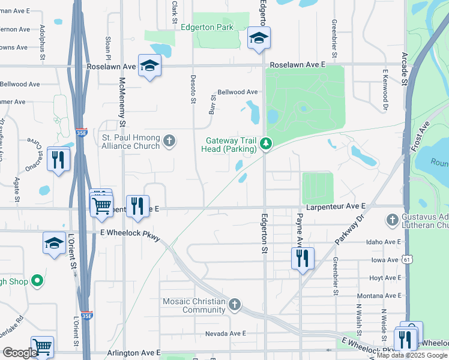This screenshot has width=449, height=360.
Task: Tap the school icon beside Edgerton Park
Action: click(x=259, y=39)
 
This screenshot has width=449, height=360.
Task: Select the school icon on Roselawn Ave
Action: click(x=149, y=66)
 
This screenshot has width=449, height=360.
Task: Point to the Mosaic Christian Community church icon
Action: click(x=234, y=305)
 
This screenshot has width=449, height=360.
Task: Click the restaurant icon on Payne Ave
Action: click(x=303, y=258)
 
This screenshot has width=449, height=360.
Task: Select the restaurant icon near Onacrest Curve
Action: click(x=58, y=160)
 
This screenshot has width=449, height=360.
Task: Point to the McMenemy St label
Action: click(x=122, y=100)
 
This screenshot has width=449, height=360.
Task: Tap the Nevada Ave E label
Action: click(x=226, y=334)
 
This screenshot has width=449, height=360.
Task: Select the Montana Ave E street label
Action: click(x=384, y=296)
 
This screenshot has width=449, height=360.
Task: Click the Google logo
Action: click(x=20, y=353)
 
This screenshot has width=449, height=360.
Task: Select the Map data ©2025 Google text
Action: click(x=412, y=355)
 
